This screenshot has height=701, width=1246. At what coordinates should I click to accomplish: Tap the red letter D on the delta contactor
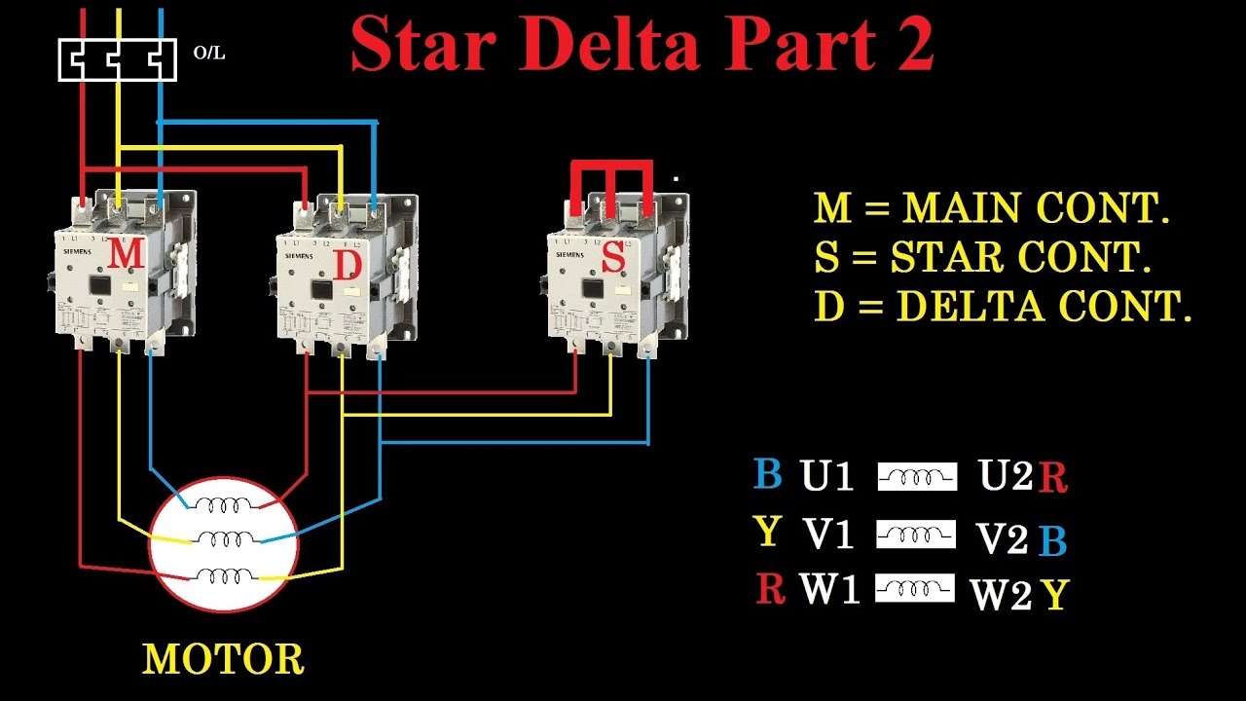coord(348,264)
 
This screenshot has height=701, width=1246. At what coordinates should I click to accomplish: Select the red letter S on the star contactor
coord(613,257)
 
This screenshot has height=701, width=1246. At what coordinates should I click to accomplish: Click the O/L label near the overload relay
coord(208,54)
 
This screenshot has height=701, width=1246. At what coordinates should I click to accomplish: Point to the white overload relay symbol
coord(117,59)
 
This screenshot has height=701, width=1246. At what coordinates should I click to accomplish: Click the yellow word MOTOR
coord(223,659)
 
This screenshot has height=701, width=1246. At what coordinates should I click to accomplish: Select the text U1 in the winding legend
coord(826,476)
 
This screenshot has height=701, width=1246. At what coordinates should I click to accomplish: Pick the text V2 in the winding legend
coord(1003,538)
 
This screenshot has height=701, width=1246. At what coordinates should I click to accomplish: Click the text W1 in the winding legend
coord(829,589)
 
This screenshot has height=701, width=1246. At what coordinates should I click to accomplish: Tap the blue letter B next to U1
coord(767,474)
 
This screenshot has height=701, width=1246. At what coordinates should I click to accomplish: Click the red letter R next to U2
coord(1052,478)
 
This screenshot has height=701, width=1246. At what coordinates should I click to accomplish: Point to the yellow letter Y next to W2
coord(1053,595)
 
